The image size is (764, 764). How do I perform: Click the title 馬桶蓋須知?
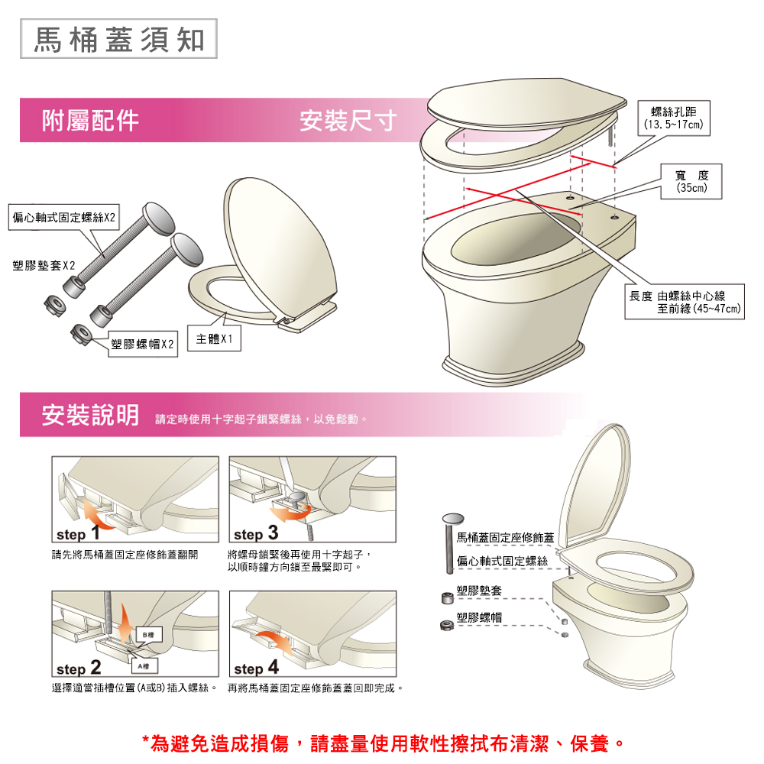118,39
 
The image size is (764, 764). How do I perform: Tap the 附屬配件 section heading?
90,121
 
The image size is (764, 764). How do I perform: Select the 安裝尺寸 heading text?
348,121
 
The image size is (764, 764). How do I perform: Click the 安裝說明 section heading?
90,415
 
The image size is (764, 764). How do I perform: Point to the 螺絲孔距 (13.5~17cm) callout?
674,118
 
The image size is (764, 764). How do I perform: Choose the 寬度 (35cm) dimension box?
691,181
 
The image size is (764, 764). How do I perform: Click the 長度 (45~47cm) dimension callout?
685,302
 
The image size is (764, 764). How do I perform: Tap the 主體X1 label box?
215,338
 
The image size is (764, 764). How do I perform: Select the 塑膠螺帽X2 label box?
142,344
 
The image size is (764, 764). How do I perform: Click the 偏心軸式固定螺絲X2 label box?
64,217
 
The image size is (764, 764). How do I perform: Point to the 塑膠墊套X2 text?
44,266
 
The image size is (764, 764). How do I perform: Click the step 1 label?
78,533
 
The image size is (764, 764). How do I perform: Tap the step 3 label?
256,533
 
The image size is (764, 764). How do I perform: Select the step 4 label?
256,667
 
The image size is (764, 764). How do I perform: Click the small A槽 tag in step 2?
144,666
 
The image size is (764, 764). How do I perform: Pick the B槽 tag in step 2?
149,635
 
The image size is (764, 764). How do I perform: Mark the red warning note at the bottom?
383,743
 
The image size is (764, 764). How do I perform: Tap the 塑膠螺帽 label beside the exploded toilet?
479,617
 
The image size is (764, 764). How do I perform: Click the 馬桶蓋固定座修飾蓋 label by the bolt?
505,537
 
